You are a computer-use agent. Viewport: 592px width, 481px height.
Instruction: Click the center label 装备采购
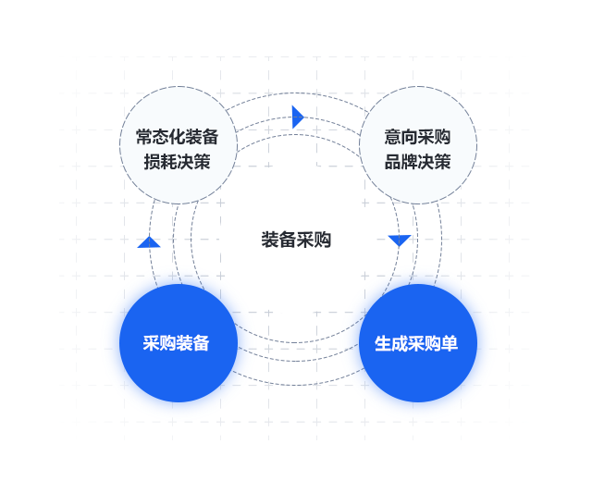click(x=296, y=240)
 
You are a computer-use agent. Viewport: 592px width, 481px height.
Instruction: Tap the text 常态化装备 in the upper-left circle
click(x=177, y=137)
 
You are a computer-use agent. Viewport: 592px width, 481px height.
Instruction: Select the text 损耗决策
click(x=177, y=162)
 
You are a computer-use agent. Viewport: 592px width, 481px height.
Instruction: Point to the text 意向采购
click(x=417, y=137)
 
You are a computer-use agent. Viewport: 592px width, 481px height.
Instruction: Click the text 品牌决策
click(x=417, y=162)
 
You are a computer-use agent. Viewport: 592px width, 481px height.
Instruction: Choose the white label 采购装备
click(x=176, y=343)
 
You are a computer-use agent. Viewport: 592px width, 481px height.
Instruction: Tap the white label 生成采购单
click(x=416, y=343)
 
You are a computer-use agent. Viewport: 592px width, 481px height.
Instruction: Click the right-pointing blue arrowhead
click(x=298, y=117)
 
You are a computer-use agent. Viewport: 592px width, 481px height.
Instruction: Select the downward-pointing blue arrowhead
click(x=400, y=240)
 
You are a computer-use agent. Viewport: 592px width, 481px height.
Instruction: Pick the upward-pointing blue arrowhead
click(x=149, y=242)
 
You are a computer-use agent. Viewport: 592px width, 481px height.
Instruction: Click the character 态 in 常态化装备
click(x=160, y=137)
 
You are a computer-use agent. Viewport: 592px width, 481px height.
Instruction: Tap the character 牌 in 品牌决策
click(x=409, y=162)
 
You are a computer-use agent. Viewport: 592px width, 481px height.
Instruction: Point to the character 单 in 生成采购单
click(x=450, y=343)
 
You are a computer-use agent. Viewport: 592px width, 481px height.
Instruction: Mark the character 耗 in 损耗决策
click(x=168, y=162)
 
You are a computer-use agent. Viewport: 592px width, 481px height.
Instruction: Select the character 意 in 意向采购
click(x=392, y=137)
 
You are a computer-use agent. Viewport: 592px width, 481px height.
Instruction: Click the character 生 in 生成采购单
click(x=383, y=343)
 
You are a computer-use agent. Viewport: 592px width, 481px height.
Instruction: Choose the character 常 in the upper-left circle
click(x=144, y=137)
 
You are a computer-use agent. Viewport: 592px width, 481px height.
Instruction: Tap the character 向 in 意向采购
click(x=409, y=137)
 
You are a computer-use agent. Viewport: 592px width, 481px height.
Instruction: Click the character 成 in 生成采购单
click(x=400, y=343)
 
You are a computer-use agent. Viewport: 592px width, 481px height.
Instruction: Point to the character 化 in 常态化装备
click(x=177, y=137)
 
